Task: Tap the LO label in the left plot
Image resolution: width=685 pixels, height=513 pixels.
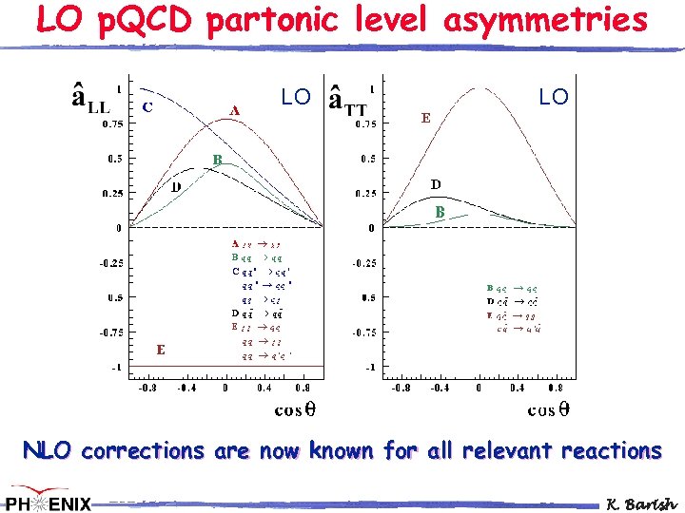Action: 295,97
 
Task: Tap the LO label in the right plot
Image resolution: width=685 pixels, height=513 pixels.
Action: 553,97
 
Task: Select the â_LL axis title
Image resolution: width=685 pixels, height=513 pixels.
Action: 91,100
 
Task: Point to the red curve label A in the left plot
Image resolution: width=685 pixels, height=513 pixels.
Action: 235,109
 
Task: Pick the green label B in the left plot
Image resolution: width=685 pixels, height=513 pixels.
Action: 217,160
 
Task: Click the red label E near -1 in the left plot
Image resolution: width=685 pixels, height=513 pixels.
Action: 161,349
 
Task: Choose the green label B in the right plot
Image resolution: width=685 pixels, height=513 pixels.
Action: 440,212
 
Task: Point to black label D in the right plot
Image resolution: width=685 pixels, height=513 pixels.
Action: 435,183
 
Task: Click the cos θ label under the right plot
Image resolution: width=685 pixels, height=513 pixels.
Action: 549,409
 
